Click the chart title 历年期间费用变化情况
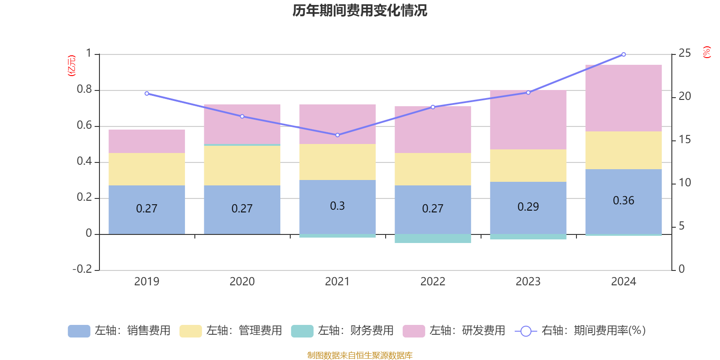360,10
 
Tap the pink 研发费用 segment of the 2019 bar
147,141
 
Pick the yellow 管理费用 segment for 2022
432,169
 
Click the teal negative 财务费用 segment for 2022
432,238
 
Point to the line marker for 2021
337,135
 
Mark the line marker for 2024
623,54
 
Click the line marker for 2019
147,94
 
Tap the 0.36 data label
623,201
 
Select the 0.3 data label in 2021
337,206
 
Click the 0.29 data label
528,207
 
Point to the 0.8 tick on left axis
84,90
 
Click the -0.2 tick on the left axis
82,269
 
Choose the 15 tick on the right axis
684,139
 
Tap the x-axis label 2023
528,282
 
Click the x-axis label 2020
242,282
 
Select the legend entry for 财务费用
342,331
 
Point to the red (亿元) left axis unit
72,66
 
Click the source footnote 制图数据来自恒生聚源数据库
360,355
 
